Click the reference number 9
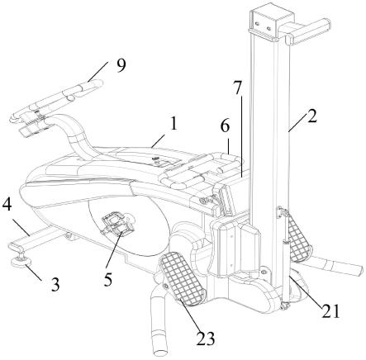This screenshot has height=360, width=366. point(121,66)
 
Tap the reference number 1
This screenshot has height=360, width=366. point(173,124)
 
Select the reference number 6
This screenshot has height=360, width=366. point(225,126)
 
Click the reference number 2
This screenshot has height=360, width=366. point(311,116)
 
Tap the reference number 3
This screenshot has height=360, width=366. point(55,285)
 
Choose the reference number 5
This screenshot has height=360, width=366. point(107,279)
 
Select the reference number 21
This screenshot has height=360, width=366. point(330,311)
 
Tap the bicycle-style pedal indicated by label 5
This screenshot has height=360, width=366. point(117,223)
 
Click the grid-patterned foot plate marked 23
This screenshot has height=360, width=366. point(183,278)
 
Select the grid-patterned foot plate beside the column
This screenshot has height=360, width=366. point(297,235)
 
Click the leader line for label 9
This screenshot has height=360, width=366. point(97,72)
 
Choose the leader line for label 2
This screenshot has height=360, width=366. point(298,122)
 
